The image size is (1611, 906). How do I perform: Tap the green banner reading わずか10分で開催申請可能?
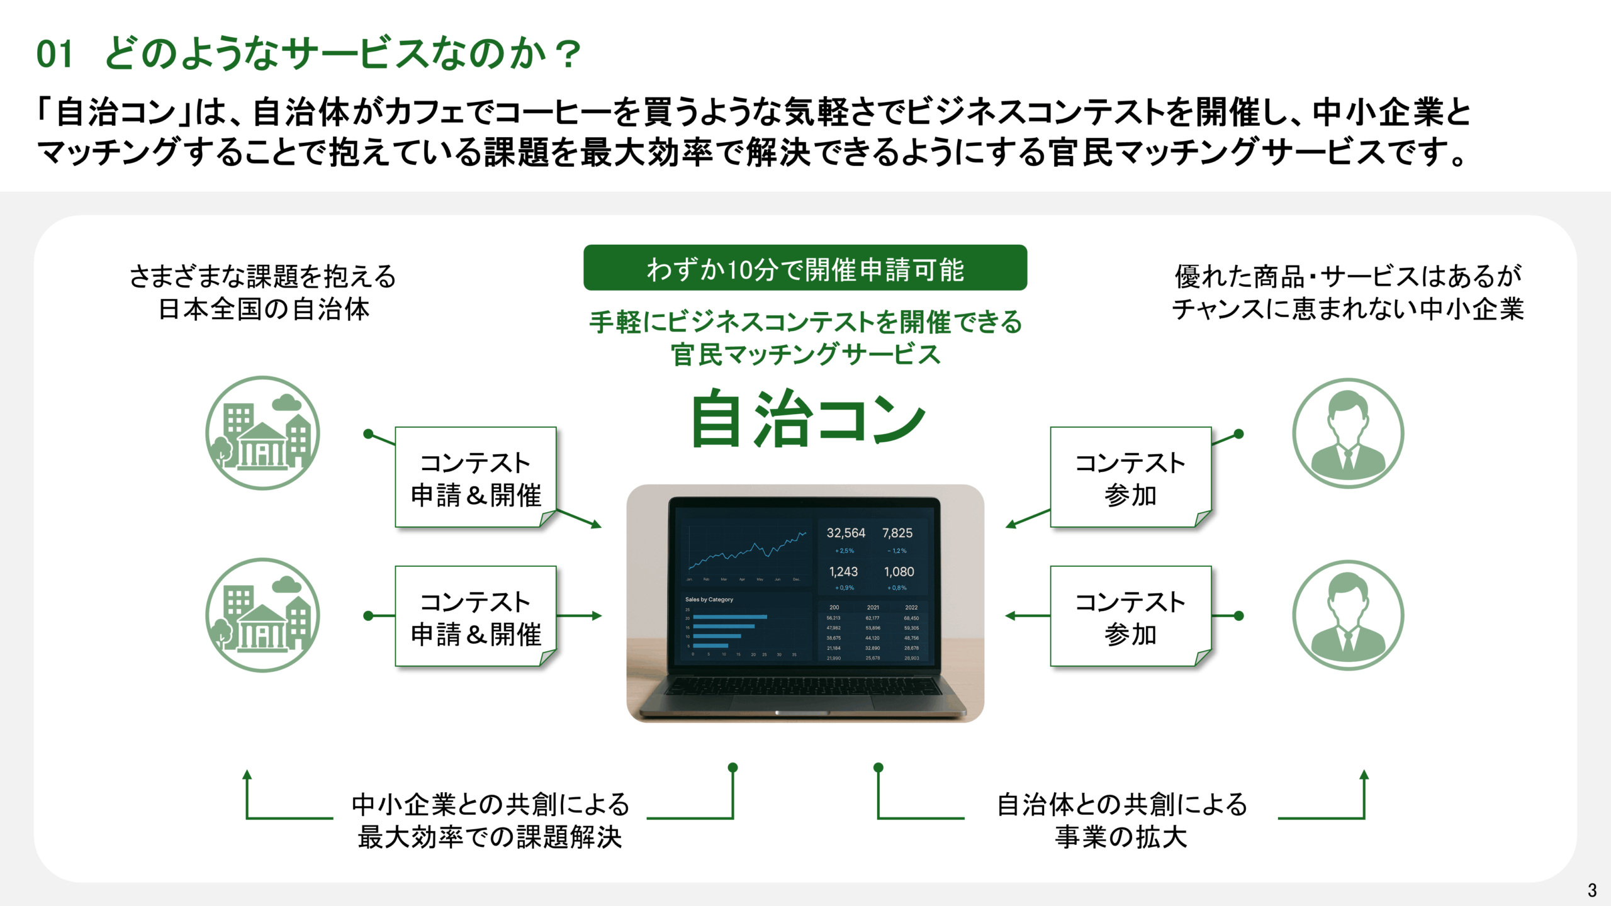tap(805, 268)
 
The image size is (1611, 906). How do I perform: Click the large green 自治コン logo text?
tap(807, 419)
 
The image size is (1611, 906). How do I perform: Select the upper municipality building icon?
tap(262, 433)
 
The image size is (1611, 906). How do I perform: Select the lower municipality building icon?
tap(262, 615)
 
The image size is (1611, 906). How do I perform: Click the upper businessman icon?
tap(1348, 433)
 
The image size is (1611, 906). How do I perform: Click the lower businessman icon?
tap(1348, 615)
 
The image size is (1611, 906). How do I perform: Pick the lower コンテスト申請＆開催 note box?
tap(475, 617)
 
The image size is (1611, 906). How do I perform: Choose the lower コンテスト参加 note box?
tap(1130, 617)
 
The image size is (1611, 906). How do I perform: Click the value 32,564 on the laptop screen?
tap(846, 533)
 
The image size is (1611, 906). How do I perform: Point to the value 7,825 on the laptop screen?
tap(897, 533)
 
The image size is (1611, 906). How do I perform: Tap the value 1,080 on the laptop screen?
tap(899, 572)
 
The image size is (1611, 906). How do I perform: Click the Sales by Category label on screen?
tap(709, 600)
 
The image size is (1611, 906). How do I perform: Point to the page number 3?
tap(1592, 890)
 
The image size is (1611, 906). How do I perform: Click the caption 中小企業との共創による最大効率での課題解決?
tap(490, 820)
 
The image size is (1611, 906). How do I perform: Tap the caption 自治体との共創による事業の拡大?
tap(1121, 820)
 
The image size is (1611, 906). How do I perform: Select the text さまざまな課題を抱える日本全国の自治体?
tap(263, 293)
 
